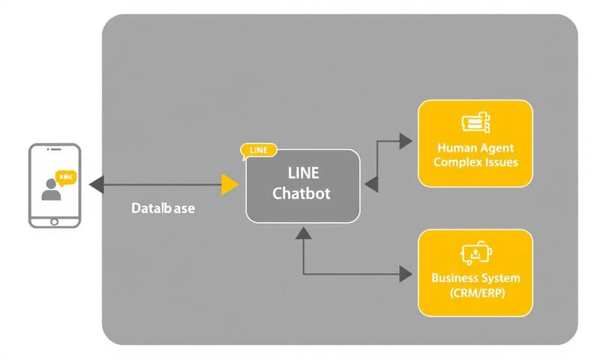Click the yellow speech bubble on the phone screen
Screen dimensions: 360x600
point(66,178)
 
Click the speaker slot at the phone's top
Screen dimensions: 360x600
point(54,151)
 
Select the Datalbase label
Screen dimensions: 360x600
point(162,208)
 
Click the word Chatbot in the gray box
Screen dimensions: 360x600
point(301,193)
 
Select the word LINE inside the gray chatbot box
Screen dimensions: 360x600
point(303,174)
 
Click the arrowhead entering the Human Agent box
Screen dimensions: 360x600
point(405,140)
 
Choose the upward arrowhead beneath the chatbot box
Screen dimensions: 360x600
point(303,233)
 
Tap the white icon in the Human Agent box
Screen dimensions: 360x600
point(475,122)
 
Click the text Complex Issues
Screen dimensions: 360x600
point(475,162)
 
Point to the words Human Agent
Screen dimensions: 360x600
point(475,148)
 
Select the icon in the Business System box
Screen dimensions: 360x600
point(475,255)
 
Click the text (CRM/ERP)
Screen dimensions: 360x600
point(475,292)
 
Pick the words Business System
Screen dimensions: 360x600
point(475,277)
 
